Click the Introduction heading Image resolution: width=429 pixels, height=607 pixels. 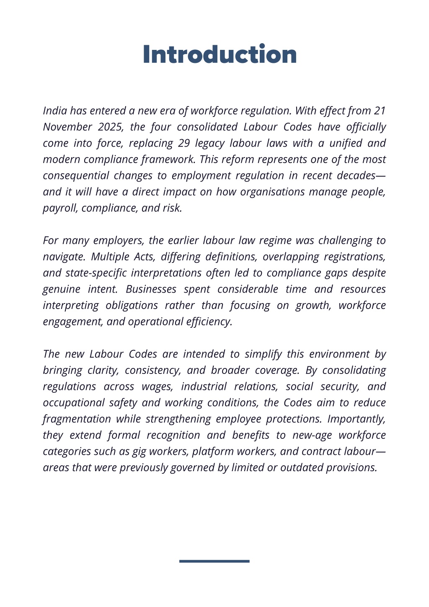[220, 54]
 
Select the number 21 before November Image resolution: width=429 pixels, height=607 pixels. [379, 111]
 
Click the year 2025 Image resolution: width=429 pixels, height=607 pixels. [110, 127]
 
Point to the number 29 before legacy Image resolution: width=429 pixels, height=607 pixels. [184, 143]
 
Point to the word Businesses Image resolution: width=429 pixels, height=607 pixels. [151, 289]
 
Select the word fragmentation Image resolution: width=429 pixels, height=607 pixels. [77, 419]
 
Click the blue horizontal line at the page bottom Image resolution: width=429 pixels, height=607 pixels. [214, 561]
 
